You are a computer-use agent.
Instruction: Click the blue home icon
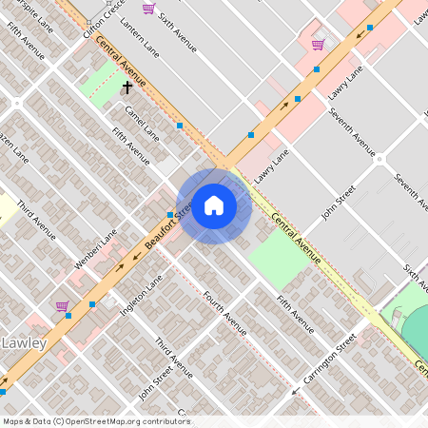214,204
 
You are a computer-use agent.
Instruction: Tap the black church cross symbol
126,88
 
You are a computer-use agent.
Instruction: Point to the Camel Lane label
142,122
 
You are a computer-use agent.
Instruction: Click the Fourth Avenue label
225,315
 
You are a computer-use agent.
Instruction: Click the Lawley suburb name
25,342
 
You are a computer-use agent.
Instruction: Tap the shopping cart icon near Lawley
62,306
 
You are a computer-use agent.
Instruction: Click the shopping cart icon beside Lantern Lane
147,9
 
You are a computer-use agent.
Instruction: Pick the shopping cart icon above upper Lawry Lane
318,44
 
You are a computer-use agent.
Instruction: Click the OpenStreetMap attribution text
96,420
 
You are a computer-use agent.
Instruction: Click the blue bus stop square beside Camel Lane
179,126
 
